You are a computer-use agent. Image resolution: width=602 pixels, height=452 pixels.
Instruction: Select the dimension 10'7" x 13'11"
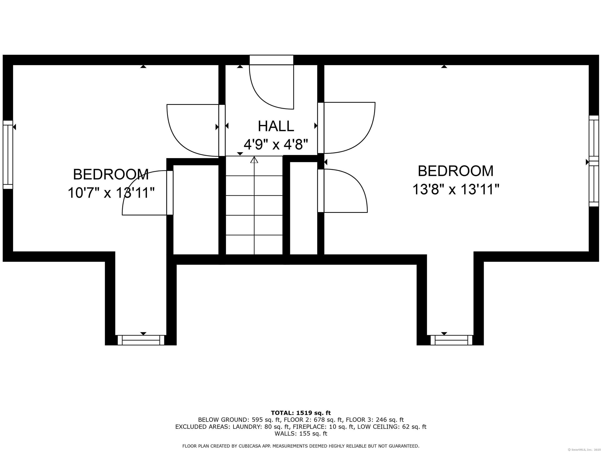tap(111, 193)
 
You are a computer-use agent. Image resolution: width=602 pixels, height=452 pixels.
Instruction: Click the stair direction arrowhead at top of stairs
tap(254, 160)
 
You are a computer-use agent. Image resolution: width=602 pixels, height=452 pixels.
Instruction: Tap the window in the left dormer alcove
tap(141, 340)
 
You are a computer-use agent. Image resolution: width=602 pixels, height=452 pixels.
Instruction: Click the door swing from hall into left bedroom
tap(177, 142)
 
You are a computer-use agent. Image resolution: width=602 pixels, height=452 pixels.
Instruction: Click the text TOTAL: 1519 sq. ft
tap(301, 413)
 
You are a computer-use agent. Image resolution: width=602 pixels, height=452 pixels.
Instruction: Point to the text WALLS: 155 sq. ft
tap(301, 433)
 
